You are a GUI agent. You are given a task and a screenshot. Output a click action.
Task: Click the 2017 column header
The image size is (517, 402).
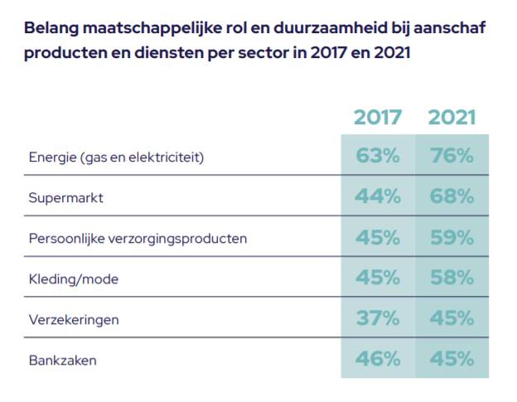click(x=378, y=117)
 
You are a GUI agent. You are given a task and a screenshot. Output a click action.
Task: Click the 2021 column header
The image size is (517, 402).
click(x=452, y=117)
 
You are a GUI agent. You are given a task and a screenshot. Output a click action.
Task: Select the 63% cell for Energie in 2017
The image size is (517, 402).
click(x=378, y=156)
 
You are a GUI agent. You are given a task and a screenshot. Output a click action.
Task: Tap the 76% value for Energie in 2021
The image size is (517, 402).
click(x=452, y=156)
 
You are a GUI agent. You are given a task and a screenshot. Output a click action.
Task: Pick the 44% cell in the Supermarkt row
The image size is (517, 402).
click(x=378, y=196)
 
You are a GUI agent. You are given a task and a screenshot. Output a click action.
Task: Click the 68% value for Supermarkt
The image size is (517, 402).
click(x=452, y=196)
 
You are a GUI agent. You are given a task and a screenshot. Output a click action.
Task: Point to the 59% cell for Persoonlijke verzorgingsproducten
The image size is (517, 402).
click(x=452, y=238)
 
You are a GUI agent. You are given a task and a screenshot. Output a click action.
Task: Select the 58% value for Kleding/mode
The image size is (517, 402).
click(x=452, y=278)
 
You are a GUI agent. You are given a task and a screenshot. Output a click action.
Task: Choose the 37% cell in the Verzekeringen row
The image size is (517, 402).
click(x=378, y=319)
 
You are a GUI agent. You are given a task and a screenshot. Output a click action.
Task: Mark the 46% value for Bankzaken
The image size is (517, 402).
click(x=378, y=359)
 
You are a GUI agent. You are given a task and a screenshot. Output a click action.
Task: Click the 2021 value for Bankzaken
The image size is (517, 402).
click(x=452, y=359)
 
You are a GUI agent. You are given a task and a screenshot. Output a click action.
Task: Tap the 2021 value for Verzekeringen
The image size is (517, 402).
click(x=452, y=319)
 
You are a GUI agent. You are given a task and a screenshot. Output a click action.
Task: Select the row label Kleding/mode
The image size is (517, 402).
click(x=73, y=279)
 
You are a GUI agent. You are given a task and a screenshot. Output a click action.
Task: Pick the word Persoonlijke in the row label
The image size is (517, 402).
click(x=65, y=240)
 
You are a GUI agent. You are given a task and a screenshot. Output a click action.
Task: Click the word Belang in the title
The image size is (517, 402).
click(x=51, y=28)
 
